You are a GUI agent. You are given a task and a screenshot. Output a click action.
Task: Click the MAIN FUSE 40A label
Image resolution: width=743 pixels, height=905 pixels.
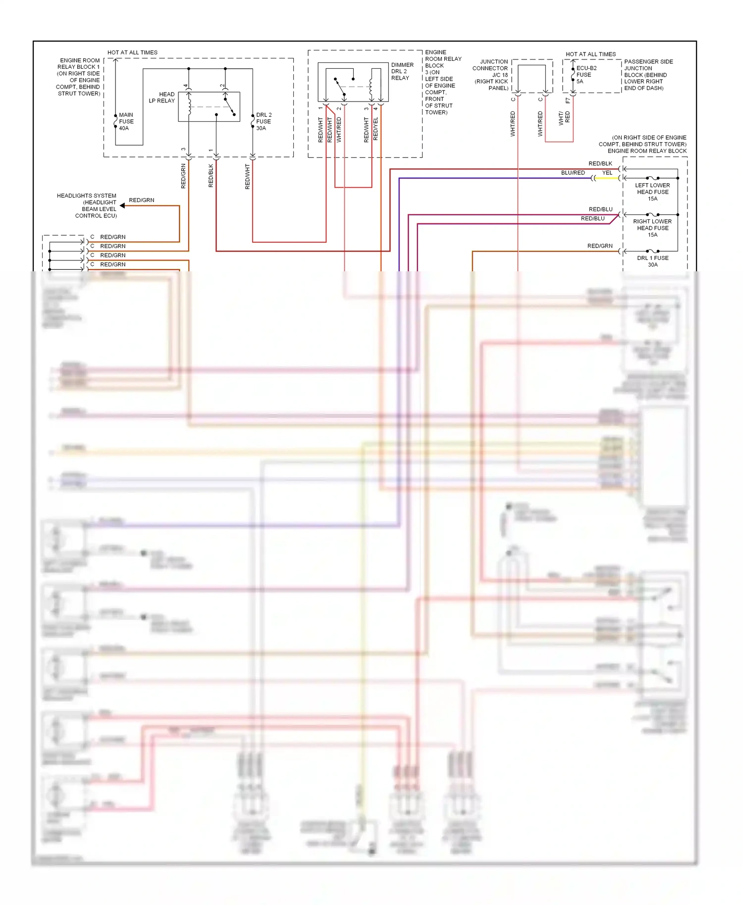point(126,121)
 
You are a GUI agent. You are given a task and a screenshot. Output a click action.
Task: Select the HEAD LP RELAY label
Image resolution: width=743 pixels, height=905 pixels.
point(162,98)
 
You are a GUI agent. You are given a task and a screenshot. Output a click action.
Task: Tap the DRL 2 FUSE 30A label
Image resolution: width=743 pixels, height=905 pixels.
point(264,121)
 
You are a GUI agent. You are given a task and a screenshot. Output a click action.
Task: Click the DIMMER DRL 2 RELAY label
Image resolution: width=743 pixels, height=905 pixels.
point(402,71)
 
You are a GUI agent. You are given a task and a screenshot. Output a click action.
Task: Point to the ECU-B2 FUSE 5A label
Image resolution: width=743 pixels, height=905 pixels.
point(586,75)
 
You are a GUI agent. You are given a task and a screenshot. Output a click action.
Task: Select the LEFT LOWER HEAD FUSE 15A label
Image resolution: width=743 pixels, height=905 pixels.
point(652,192)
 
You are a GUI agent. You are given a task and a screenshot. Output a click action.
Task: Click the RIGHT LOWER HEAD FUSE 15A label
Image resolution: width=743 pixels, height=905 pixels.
point(652,228)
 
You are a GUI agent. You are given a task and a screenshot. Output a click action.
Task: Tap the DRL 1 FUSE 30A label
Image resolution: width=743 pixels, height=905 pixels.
point(652,261)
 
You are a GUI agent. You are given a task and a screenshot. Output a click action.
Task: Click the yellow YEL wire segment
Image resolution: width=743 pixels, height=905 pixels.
point(607,178)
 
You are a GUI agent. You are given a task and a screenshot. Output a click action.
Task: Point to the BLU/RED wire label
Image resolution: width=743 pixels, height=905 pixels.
point(573,173)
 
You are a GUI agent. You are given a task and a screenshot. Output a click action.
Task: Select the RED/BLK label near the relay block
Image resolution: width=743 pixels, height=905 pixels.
point(600,163)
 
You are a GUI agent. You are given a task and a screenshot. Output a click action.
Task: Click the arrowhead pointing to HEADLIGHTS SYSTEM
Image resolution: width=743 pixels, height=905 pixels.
point(122,205)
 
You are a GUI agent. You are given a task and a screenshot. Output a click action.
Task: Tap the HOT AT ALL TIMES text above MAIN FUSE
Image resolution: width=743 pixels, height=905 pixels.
point(132,52)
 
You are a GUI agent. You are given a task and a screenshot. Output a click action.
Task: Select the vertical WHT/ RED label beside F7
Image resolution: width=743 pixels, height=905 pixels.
point(564,118)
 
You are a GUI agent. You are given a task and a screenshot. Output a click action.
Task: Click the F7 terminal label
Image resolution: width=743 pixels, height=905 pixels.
point(568,101)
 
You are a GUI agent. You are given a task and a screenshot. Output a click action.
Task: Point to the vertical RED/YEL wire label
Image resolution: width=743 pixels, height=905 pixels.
point(375,129)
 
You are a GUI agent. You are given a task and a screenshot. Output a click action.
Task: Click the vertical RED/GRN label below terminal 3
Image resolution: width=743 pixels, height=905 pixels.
point(183,176)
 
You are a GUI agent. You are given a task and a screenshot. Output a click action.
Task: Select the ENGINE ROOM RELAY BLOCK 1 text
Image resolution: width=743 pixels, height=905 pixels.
point(78,77)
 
